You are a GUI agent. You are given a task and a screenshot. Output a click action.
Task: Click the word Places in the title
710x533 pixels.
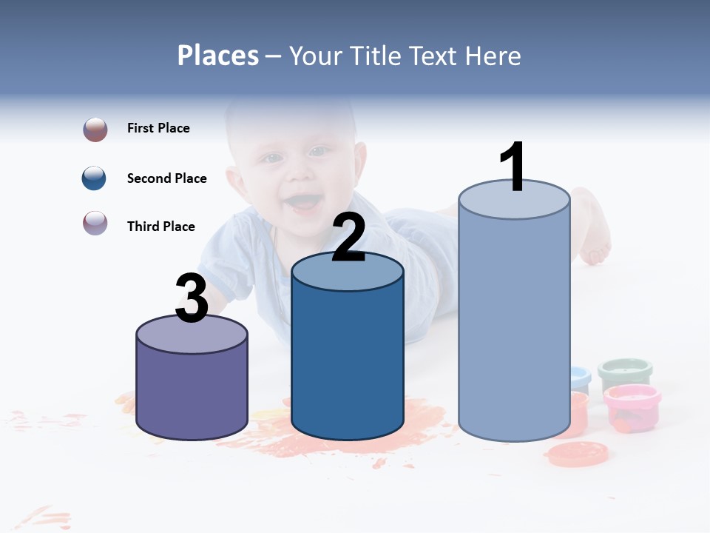pos(218,56)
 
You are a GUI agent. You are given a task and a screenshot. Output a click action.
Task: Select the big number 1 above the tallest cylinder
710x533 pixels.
pos(512,167)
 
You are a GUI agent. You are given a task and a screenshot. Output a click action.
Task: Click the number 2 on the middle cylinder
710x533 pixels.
pos(348,238)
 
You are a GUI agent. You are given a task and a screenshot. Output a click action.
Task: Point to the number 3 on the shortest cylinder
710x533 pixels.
pos(192,298)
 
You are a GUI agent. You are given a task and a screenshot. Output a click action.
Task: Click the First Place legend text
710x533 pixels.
pos(158,128)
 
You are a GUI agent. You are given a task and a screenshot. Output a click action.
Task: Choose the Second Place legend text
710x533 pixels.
pos(166,178)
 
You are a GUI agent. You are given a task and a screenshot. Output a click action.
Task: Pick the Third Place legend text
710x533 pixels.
pos(160,227)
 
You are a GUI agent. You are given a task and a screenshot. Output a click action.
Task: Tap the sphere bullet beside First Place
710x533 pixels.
pos(95,130)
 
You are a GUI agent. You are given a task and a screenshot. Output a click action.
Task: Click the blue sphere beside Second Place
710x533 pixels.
pos(95,178)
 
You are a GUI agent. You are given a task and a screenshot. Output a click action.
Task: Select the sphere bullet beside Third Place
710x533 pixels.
pos(95,223)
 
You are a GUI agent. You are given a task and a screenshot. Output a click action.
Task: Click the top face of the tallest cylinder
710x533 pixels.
pos(514,200)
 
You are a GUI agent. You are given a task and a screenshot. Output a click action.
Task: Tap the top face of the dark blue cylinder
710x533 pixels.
pos(348,272)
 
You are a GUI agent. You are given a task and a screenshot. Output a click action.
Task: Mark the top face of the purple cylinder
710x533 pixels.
pos(192,335)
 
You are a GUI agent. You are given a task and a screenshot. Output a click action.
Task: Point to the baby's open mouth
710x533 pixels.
pos(303,201)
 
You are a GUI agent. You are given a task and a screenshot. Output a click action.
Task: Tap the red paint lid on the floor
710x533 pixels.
pos(578,453)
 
